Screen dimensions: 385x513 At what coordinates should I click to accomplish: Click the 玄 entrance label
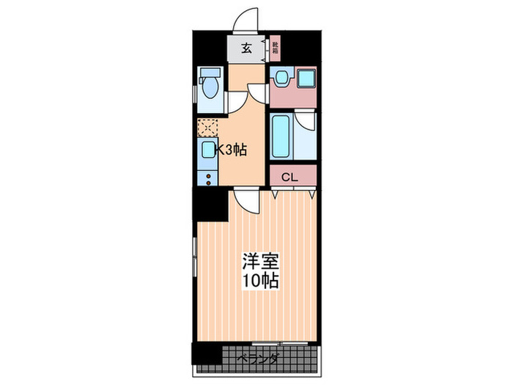point(246,50)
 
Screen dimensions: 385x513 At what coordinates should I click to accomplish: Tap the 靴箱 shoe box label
point(275,51)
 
